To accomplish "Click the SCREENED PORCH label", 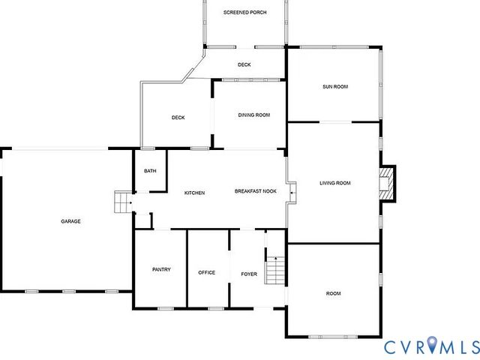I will click(244, 13).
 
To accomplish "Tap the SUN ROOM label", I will click(335, 87).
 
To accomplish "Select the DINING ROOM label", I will click(253, 115).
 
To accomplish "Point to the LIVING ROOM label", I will click(334, 183).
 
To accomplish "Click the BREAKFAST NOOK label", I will click(256, 192).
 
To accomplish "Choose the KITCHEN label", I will click(194, 193).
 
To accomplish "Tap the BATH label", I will click(150, 171).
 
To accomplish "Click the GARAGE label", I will click(71, 221).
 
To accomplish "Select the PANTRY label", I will click(161, 269).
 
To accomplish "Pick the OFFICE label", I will click(206, 272).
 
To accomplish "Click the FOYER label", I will click(249, 274).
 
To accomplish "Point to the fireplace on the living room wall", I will click(387, 184).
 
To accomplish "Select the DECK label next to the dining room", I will click(178, 118).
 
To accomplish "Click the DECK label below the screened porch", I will click(244, 64).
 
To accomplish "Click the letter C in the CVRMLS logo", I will click(391, 346).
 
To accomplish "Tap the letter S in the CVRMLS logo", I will click(472, 346).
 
